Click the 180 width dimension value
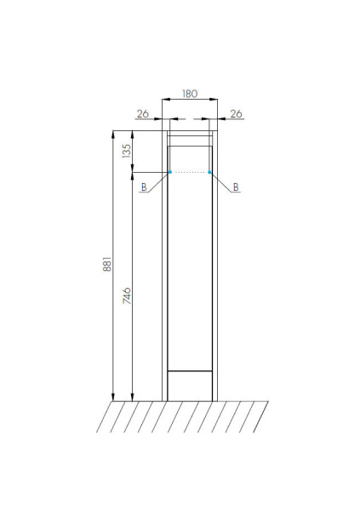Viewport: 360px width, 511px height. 190,94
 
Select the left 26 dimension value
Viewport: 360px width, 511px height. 143,114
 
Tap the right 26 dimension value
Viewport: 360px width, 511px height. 237,114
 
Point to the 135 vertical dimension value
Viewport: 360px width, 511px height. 127,152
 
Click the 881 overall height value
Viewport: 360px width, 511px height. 107,264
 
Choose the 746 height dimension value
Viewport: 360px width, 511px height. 127,296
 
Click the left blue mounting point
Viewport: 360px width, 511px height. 170,172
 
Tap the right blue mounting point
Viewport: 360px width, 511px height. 209,172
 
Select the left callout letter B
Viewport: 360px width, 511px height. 144,187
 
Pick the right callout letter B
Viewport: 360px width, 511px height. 236,187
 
